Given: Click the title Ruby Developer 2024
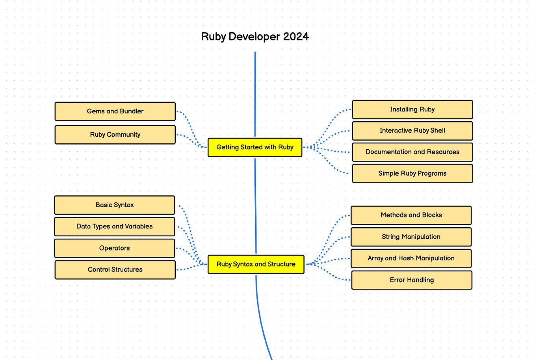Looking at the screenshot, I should click(255, 37).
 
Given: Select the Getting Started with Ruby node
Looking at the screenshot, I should click(255, 147).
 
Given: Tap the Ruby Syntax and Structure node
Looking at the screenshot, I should click(256, 264).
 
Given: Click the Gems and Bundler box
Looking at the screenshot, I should click(115, 111).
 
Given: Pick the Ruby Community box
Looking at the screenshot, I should click(115, 135).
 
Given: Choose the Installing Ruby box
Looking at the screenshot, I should click(412, 109).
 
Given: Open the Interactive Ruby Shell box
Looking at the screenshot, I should click(412, 131).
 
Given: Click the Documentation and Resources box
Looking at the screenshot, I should click(412, 152).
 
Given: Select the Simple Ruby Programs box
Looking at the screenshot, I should click(412, 173).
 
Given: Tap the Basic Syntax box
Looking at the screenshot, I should click(114, 205).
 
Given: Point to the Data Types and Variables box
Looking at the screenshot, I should click(114, 226).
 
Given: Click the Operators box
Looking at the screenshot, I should click(114, 248).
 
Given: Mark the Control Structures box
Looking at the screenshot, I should click(115, 270).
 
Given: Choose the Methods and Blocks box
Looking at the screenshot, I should click(411, 215).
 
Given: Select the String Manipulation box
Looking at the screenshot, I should click(411, 237).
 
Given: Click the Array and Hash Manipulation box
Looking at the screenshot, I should click(411, 258).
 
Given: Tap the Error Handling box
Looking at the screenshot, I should click(412, 280).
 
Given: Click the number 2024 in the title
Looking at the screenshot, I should click(296, 37).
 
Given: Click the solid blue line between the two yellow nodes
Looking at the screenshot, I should click(256, 205).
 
